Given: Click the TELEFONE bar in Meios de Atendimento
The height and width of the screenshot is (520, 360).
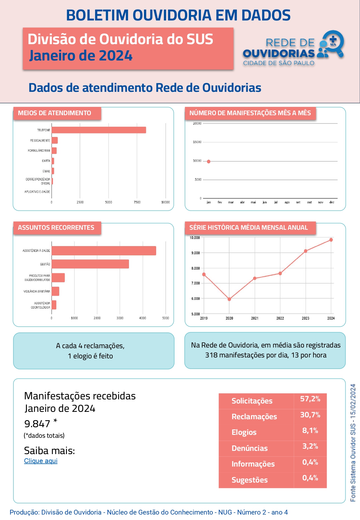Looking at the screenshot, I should pos(99,130).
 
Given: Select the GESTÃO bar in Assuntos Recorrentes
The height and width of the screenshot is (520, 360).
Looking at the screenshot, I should pos(90,264).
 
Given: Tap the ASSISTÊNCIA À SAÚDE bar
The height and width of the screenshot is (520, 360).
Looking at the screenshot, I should pos(104,251).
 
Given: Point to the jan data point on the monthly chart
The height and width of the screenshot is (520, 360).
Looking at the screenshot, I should pos(209,162).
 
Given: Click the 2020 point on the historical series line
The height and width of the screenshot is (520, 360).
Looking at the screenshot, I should pos(229,299).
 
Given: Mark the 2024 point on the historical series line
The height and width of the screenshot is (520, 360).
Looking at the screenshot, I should pos(331,240).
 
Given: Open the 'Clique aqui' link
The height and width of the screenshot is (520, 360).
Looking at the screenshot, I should pos(41,461).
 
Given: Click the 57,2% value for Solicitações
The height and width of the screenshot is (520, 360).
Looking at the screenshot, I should pos(310,399).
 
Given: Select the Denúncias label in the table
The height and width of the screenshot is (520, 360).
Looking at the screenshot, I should pos(250,448).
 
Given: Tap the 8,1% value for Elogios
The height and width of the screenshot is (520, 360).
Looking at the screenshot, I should pos(310,430).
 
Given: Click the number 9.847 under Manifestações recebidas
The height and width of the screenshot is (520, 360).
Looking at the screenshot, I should pos(37,424).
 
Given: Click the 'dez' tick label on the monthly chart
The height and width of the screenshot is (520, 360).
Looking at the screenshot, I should pos(332,202).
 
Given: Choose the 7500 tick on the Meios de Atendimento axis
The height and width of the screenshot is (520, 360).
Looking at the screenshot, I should pos(137,202).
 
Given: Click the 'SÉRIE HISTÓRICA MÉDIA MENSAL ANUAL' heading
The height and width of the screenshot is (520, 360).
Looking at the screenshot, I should pos(248,228).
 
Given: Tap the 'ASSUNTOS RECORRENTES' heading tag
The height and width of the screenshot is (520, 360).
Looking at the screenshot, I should pos(56,228).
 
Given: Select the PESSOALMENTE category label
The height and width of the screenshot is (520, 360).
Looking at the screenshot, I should pos(40,140).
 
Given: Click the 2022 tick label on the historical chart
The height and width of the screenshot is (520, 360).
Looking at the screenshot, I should pos(280,318).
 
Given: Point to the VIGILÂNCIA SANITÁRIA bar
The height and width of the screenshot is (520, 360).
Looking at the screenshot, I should pos(55,291).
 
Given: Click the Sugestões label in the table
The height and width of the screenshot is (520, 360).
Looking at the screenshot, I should pos(250,480).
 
